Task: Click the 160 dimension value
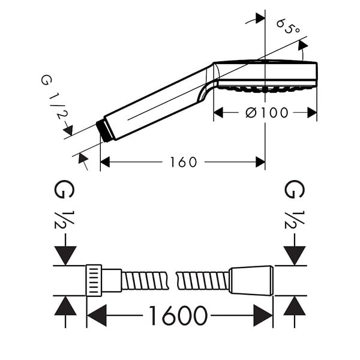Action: click(x=183, y=162)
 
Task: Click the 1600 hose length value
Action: click(x=178, y=315)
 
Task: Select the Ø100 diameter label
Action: click(x=266, y=113)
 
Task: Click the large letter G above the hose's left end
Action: click(x=64, y=189)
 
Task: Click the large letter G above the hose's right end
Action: click(x=295, y=189)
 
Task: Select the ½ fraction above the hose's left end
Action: click(x=64, y=220)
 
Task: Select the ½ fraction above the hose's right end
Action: click(x=295, y=220)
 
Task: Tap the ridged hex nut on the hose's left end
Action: click(x=94, y=280)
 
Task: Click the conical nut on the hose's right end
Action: click(x=251, y=280)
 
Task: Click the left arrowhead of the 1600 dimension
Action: click(x=97, y=316)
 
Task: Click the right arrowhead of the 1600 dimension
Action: click(x=263, y=316)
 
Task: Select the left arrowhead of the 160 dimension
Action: click(x=105, y=163)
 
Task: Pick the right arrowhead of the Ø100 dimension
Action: click(x=312, y=113)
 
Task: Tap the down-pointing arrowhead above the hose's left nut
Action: click(x=65, y=256)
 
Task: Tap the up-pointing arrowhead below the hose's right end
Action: click(x=295, y=306)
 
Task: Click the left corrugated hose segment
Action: click(x=145, y=280)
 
